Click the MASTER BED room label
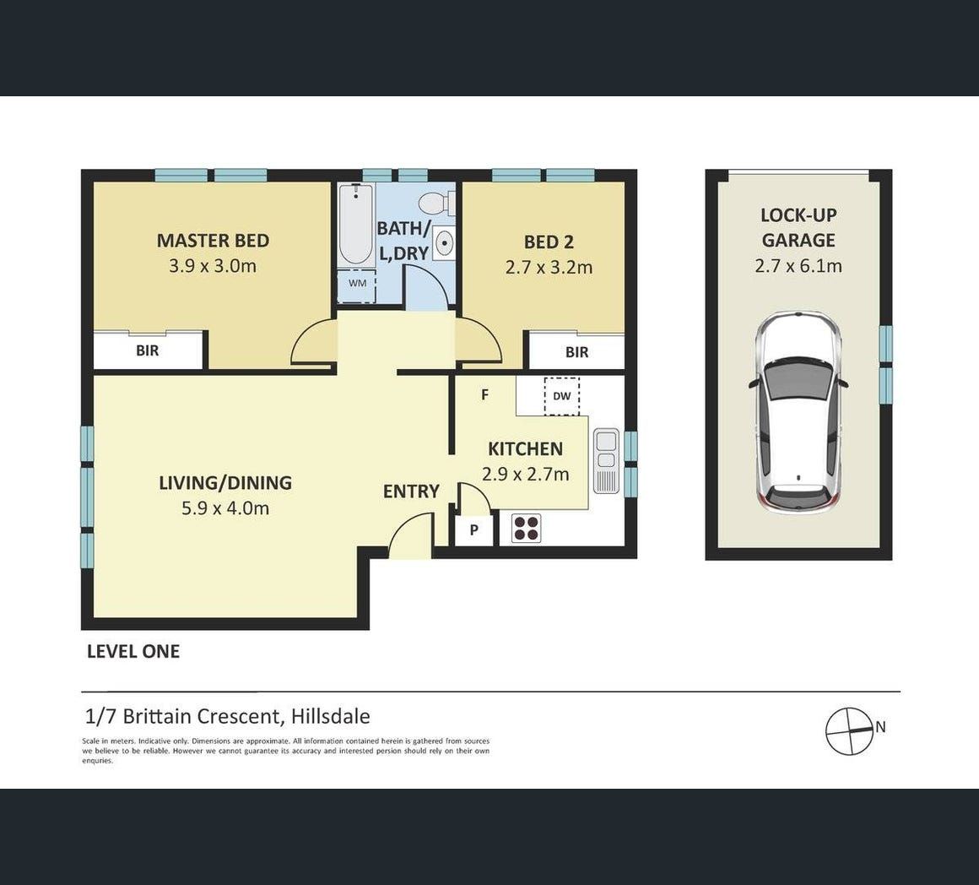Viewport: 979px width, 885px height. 213,241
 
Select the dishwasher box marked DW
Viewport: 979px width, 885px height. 562,395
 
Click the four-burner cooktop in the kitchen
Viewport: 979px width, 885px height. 526,528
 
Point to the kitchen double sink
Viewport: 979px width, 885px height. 606,461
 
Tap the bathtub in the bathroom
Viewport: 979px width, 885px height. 356,225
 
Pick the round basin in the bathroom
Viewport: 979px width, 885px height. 444,242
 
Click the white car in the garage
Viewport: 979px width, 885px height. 798,413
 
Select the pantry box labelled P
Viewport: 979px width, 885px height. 474,529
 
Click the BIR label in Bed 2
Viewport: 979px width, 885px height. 577,352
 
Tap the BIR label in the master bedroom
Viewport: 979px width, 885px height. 148,350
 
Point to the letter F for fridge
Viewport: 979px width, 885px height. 484,394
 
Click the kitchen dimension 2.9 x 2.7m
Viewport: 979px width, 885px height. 526,475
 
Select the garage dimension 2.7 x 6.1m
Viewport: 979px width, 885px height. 798,266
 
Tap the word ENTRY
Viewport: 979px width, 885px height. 412,491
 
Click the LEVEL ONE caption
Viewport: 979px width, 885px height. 133,651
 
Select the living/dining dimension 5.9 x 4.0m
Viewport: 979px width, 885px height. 225,508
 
